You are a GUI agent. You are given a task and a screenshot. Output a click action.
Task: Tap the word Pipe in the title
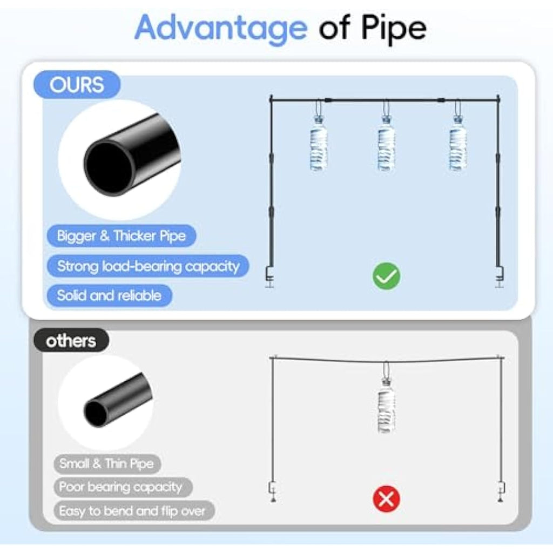click(394, 29)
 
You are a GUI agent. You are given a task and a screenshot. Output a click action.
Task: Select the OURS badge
click(77, 85)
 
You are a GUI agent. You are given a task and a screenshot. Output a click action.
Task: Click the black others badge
click(71, 340)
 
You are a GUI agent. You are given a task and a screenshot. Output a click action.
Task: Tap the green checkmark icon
click(387, 276)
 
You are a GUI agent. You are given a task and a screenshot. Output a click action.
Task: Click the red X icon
click(387, 499)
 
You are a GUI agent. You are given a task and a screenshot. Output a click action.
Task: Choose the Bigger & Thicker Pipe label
click(122, 235)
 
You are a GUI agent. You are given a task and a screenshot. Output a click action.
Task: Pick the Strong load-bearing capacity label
click(148, 266)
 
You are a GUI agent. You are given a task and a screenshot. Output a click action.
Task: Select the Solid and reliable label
click(109, 295)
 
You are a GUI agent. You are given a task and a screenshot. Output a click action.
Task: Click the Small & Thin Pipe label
click(107, 464)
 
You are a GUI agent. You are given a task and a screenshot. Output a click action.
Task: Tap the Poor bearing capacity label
click(123, 487)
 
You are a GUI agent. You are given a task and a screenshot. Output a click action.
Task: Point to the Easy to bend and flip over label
click(134, 511)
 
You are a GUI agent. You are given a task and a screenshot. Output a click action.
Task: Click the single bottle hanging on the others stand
click(386, 406)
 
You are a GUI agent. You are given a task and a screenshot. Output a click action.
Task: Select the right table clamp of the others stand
click(501, 491)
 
